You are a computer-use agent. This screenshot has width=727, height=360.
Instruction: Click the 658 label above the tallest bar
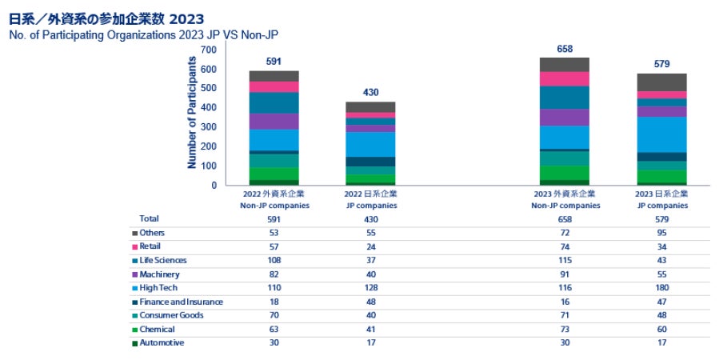coord(565,49)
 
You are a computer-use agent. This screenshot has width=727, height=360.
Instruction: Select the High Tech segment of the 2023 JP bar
coord(661,134)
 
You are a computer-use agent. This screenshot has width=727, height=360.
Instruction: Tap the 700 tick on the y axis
coord(208,50)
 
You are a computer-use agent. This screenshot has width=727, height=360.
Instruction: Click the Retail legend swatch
coord(134,247)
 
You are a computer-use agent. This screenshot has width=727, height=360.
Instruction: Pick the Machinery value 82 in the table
coord(273,274)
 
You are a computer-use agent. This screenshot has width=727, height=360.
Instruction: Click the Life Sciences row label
coord(163,261)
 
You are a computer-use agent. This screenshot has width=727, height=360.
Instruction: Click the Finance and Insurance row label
coord(182,302)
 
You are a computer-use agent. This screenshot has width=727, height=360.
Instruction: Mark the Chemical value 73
coord(565,329)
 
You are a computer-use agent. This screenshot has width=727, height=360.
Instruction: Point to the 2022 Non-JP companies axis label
coord(273,199)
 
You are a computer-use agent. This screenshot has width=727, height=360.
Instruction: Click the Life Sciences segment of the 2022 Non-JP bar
coord(274,103)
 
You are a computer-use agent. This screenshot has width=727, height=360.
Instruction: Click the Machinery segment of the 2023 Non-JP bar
coord(565,117)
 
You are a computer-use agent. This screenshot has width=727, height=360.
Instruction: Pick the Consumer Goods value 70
coord(273,315)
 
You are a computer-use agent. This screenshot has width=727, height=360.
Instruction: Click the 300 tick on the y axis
coord(208,127)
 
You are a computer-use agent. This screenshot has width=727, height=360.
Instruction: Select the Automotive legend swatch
coord(134,343)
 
